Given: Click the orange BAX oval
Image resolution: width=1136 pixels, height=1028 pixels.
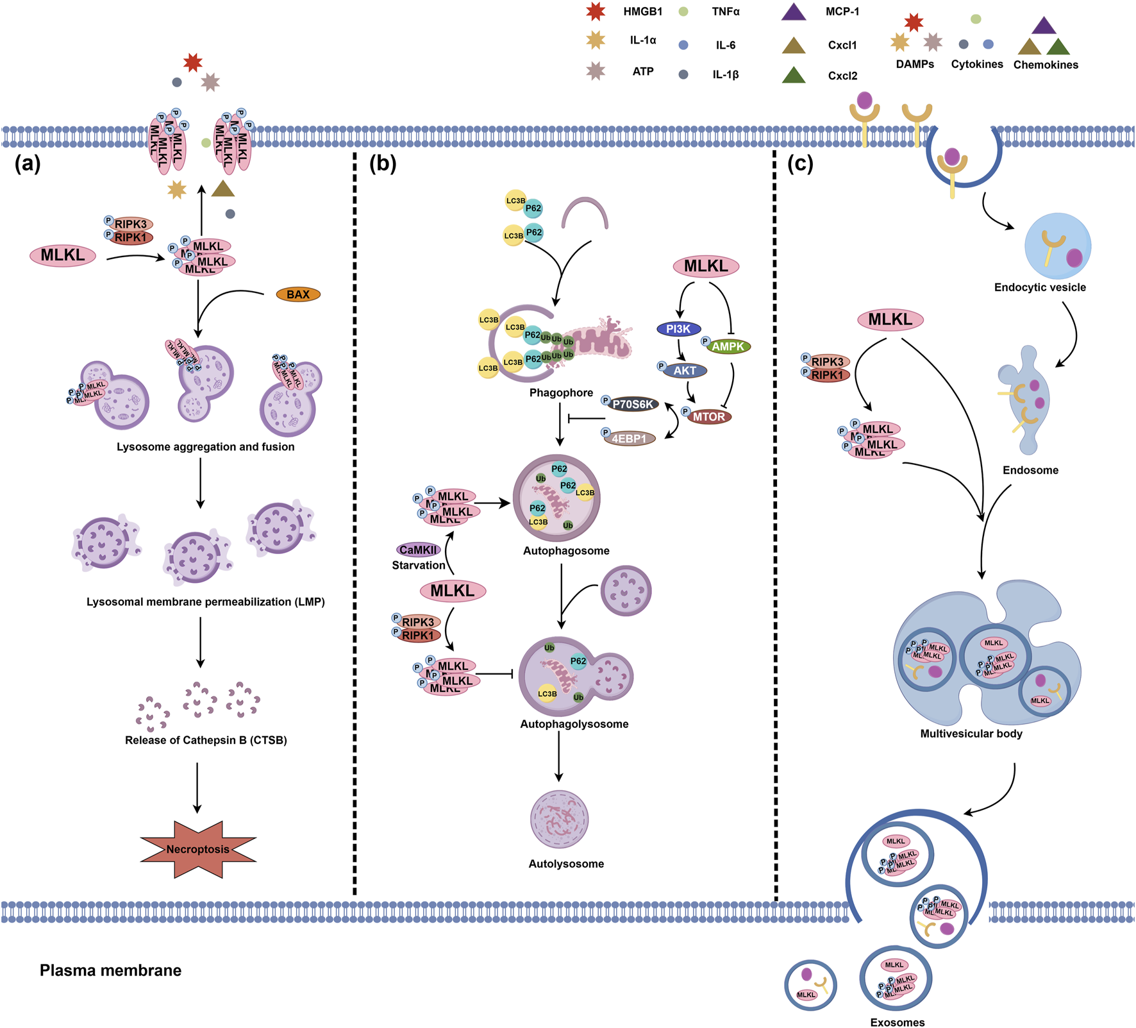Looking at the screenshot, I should pyautogui.click(x=298, y=294).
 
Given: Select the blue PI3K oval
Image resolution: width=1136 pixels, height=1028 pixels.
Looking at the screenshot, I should pyautogui.click(x=678, y=329).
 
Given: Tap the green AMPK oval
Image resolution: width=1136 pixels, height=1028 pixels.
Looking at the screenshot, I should pyautogui.click(x=728, y=346).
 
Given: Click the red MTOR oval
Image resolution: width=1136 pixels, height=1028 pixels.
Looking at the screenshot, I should pyautogui.click(x=708, y=417).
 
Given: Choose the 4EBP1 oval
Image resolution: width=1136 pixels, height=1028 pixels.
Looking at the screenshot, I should pyautogui.click(x=629, y=439).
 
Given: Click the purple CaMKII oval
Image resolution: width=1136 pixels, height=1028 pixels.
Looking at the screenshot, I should pyautogui.click(x=418, y=550).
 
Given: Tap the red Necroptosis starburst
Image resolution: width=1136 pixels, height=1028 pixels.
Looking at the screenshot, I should pyautogui.click(x=198, y=849).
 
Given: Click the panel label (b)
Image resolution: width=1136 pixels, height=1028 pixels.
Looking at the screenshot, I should pyautogui.click(x=383, y=164).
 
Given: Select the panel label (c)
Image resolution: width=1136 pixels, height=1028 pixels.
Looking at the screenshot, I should pyautogui.click(x=800, y=164).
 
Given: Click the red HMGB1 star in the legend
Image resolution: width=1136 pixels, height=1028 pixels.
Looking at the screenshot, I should pyautogui.click(x=596, y=12).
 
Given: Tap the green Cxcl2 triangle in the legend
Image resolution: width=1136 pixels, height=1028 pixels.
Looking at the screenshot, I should pyautogui.click(x=794, y=76).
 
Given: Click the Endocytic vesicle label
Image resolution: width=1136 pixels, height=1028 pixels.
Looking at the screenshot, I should pyautogui.click(x=1040, y=287).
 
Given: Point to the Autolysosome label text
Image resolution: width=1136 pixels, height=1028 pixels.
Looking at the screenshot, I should pyautogui.click(x=566, y=864).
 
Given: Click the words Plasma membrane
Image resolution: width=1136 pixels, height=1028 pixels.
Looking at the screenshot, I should pyautogui.click(x=110, y=970).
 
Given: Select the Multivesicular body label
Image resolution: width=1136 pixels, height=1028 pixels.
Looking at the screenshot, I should pyautogui.click(x=971, y=734).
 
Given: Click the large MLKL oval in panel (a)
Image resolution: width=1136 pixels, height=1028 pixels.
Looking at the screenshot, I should pyautogui.click(x=63, y=255).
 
